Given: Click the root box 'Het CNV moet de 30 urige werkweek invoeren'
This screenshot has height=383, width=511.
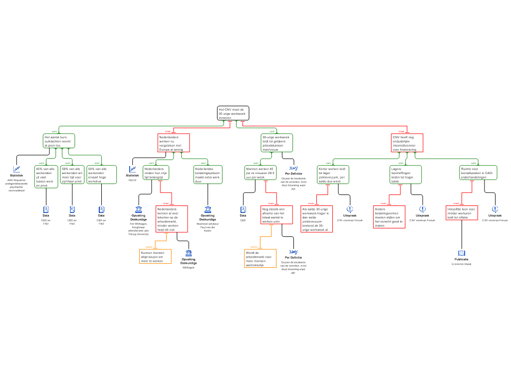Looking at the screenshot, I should (x=233, y=113).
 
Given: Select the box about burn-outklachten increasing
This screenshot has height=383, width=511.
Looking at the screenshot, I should (x=59, y=141).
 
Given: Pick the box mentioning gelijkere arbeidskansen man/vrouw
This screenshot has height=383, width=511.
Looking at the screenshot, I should (x=276, y=143).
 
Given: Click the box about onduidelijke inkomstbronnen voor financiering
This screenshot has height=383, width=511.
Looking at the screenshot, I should (x=407, y=143).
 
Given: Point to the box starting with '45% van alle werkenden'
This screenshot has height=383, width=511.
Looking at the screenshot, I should (x=46, y=177).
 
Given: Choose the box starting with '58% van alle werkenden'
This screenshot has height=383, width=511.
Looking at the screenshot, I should (x=72, y=175).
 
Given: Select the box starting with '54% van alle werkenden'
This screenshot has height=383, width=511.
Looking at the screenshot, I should (x=101, y=175).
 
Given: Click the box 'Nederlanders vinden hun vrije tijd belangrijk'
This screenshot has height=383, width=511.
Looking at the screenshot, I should (x=157, y=173).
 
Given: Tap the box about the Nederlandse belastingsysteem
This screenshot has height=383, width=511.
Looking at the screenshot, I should (x=208, y=175).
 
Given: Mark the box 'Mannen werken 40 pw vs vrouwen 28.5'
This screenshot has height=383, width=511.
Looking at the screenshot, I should (x=260, y=173).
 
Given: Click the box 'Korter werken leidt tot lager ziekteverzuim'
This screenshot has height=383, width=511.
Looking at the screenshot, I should (x=333, y=175).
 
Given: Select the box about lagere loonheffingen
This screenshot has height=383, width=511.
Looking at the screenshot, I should (x=405, y=175).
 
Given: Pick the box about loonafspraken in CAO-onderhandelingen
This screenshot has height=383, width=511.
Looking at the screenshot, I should (x=478, y=173).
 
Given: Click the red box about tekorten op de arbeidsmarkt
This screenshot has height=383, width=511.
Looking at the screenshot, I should (x=172, y=219).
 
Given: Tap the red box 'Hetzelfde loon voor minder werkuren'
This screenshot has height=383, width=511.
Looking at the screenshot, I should (x=462, y=213).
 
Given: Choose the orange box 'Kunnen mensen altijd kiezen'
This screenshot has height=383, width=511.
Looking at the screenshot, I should (x=155, y=256).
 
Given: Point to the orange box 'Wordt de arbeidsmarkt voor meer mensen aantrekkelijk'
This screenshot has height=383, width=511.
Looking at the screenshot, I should (x=260, y=258).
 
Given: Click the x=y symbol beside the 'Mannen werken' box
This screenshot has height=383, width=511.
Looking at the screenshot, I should (x=294, y=168).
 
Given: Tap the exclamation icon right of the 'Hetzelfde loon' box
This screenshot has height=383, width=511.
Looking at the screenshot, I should (x=495, y=209).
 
